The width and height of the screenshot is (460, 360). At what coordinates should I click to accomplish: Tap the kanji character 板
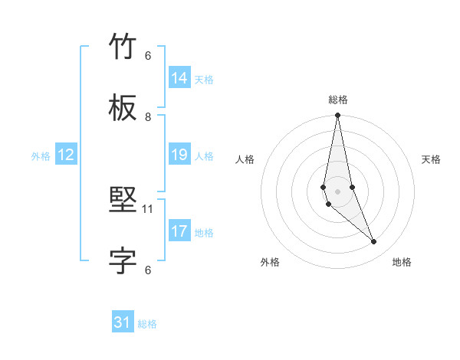pos(123,110)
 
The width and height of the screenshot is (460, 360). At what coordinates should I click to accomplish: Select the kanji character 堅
pos(123,201)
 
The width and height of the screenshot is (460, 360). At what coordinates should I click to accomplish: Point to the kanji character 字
pos(123,262)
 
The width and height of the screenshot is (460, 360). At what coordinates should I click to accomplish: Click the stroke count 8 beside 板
pos(148,116)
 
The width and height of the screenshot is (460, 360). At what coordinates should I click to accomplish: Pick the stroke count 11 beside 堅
pos(148,208)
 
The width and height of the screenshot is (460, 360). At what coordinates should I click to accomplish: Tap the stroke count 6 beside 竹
pos(148,55)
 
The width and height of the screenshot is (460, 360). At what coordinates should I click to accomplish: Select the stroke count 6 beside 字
pos(148,270)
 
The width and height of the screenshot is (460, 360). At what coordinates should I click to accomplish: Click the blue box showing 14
pos(179,78)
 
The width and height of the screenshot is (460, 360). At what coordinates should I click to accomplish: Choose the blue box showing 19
pos(179,155)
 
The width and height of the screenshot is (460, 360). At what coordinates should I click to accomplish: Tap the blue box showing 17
pos(179,231)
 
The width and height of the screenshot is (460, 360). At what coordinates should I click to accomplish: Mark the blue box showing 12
pos(66,155)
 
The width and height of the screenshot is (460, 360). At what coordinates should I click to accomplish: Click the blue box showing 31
pos(123,322)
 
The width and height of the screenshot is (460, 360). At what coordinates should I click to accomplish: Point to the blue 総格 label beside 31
pos(147,324)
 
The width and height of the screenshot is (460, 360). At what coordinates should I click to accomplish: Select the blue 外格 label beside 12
pos(41,156)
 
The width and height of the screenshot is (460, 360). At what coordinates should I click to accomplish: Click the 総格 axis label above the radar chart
pos(338,100)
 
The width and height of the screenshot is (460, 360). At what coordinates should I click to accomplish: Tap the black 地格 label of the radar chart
pos(402,262)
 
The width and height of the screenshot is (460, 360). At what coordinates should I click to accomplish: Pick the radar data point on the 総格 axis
pos(338,116)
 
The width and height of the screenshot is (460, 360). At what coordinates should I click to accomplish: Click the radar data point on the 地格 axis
pos(374,242)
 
